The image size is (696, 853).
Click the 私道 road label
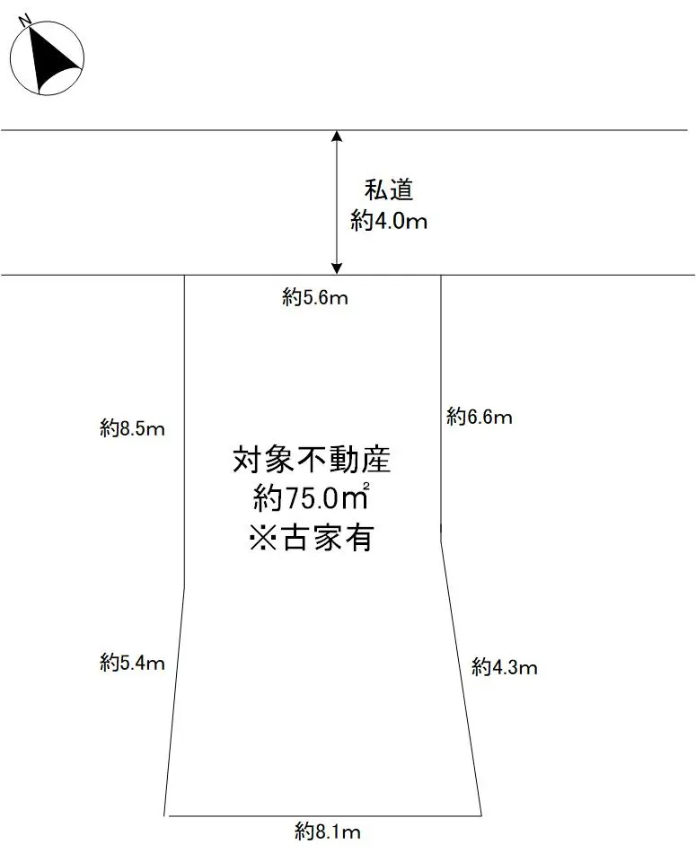[388, 190]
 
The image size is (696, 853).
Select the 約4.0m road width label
[389, 221]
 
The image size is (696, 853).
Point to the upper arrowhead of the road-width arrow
[337, 136]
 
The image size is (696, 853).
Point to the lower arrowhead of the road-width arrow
[337, 268]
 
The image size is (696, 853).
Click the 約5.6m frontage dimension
[314, 299]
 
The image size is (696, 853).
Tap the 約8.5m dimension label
[132, 428]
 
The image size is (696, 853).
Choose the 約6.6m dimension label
[479, 417]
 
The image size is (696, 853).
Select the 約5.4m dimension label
[132, 664]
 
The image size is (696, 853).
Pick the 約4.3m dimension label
[504, 667]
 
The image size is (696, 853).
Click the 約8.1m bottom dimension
[328, 831]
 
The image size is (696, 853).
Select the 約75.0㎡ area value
[312, 497]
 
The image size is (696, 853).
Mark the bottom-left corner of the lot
[165, 815]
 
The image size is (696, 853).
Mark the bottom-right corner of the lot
[482, 815]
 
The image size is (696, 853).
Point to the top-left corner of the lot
[184, 275]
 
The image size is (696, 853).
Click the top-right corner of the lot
[441, 275]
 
